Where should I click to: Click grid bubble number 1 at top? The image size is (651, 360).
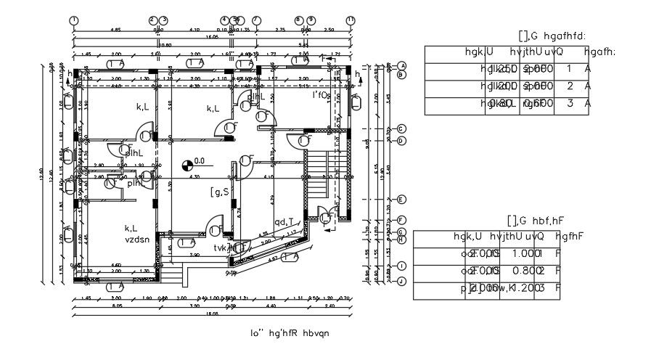coord(74,20)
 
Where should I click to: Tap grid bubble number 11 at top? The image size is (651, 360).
coord(351,20)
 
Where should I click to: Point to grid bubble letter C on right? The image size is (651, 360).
coord(401,129)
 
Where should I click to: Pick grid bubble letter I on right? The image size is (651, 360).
coord(401,266)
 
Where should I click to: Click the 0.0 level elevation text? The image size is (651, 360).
coord(200,161)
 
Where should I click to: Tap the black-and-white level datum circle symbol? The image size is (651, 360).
coord(188,165)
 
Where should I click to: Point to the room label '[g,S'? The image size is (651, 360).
coord(220,192)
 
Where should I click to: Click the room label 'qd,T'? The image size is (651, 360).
coord(284,222)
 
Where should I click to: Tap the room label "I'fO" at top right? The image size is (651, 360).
coord(320,94)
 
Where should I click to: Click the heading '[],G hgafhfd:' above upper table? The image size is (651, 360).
coord(552,36)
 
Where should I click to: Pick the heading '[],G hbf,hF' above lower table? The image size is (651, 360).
coord(536,220)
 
